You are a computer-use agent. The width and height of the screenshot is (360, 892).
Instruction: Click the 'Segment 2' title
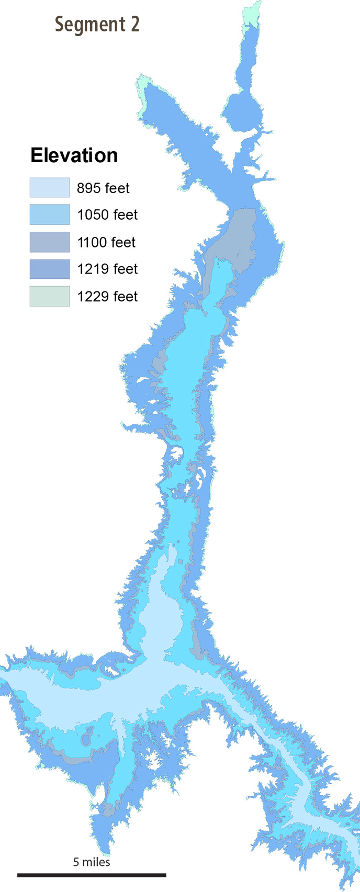97,25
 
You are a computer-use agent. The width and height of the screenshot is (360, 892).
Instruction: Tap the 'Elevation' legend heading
74,155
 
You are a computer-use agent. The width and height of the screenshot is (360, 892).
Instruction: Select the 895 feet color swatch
49,187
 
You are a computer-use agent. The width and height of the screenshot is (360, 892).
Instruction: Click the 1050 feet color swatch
49,214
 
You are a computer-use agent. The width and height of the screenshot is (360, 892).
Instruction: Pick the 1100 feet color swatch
49,242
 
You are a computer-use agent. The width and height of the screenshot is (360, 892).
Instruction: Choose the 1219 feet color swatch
49,269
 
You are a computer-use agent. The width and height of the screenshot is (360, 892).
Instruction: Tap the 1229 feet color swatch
49,296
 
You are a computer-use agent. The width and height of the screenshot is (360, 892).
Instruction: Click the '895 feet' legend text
103,188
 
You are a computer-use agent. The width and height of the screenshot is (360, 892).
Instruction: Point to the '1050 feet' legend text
107,215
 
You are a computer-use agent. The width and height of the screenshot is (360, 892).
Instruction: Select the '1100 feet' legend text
106,243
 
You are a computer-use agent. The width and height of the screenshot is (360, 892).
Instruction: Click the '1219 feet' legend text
107,269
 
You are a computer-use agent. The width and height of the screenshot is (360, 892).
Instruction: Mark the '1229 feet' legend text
107,297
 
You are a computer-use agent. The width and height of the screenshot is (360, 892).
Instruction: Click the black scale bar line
92,875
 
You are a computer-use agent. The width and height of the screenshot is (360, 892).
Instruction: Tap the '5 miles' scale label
92,862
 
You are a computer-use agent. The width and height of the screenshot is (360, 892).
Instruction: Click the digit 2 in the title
134,25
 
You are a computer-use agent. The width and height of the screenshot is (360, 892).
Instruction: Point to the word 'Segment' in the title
89,25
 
